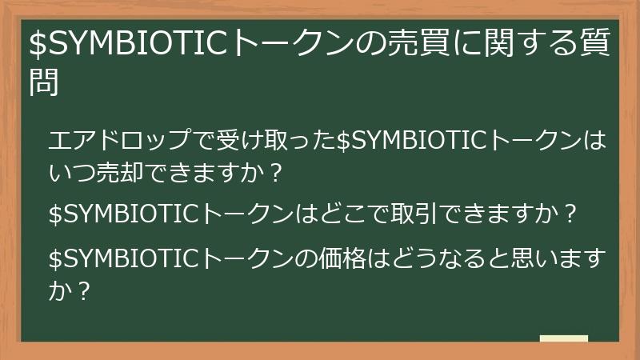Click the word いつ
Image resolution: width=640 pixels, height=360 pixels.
click(69, 173)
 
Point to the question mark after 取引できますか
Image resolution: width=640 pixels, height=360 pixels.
click(570, 215)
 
